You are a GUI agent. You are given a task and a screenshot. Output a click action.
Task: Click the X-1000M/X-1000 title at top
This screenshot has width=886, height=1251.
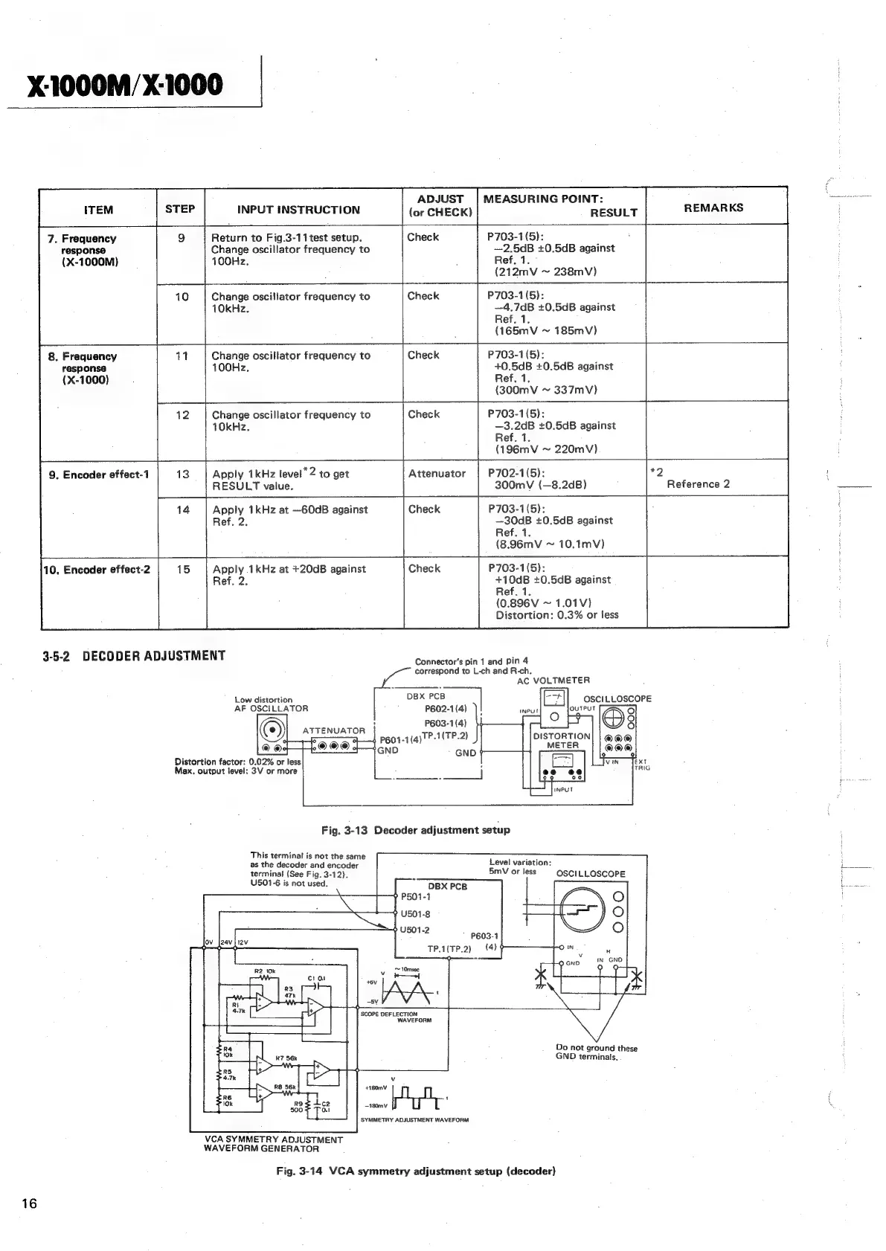(125, 86)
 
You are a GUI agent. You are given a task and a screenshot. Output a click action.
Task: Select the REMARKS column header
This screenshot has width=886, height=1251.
(713, 208)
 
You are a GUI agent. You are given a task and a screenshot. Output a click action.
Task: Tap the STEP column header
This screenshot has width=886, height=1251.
(180, 209)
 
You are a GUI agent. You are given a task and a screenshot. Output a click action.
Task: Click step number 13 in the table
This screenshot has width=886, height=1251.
(182, 475)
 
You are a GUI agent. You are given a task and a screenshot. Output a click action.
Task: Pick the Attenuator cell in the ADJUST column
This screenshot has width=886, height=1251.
(437, 474)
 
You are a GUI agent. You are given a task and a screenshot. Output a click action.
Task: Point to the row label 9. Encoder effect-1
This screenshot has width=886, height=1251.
(99, 475)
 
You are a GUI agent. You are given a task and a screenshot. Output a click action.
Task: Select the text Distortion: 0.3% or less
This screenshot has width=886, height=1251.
(556, 615)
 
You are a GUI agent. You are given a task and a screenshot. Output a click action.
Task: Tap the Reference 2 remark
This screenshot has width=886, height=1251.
(698, 484)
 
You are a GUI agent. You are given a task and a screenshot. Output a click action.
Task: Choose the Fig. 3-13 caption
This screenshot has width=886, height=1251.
(415, 830)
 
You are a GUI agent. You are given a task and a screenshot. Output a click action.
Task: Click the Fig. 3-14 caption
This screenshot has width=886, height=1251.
(415, 1171)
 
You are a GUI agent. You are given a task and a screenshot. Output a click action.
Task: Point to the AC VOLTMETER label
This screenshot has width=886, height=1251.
(553, 681)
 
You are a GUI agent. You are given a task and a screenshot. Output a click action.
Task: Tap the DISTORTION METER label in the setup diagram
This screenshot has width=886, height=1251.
(562, 741)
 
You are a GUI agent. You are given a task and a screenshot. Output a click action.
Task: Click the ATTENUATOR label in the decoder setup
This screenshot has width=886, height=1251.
(333, 731)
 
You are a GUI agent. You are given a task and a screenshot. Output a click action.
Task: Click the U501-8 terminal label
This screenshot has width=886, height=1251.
(415, 914)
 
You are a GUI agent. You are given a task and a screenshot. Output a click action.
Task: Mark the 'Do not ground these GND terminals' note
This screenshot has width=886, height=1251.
(596, 1052)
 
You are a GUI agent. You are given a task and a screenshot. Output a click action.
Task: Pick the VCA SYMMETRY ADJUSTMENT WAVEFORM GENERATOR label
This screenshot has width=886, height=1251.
(273, 1144)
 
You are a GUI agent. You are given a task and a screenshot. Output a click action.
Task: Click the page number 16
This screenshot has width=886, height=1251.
(29, 1204)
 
